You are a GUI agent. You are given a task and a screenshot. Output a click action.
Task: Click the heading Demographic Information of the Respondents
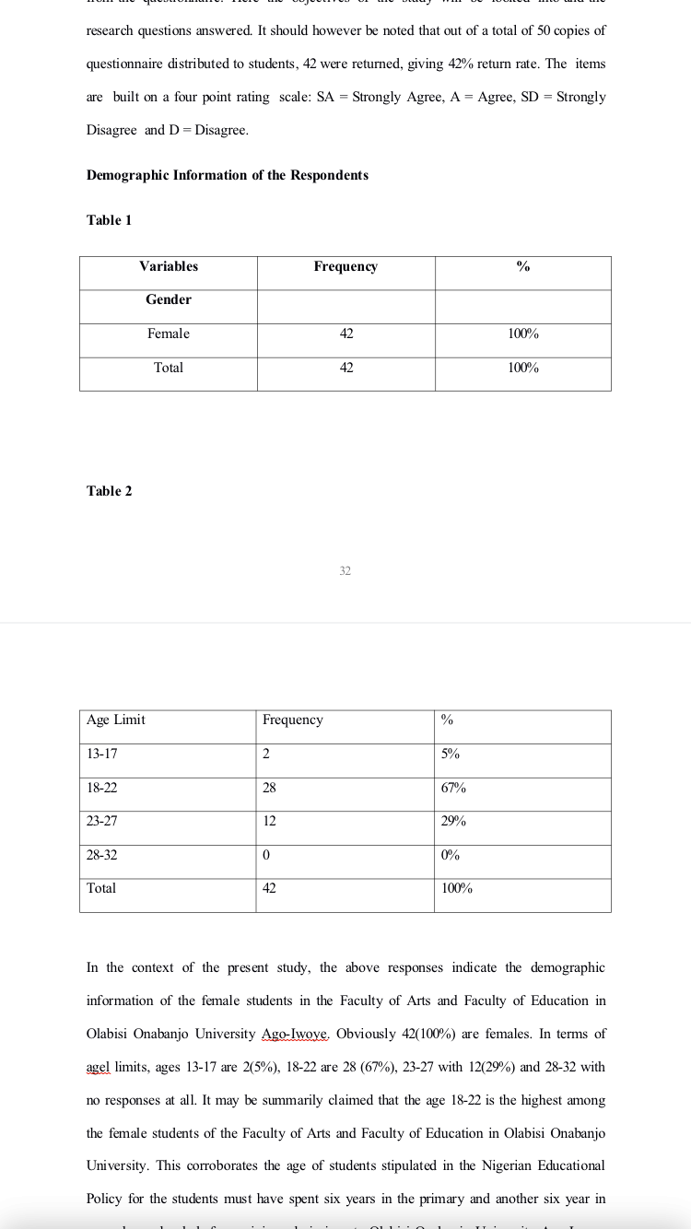coord(227,175)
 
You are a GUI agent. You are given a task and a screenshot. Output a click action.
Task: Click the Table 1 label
coord(109,220)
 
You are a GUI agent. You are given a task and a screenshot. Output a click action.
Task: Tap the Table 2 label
coord(109,491)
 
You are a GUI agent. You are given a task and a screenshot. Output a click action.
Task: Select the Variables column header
coord(169,266)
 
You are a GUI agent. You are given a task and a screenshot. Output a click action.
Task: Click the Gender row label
coord(169,299)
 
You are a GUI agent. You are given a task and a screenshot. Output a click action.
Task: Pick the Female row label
coord(169,334)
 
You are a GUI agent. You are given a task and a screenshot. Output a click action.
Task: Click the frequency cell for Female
coord(346,334)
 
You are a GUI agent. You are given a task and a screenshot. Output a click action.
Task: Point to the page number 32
coord(345,571)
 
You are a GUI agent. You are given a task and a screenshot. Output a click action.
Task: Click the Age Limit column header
coord(116,720)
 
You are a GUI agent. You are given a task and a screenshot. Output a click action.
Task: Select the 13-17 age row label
coord(101,754)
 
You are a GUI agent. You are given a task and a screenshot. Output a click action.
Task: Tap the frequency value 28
coord(269,788)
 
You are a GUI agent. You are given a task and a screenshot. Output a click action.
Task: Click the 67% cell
coord(453,788)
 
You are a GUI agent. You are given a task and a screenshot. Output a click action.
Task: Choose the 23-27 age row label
coord(101,821)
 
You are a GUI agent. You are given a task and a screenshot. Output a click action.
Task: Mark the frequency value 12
coord(269,821)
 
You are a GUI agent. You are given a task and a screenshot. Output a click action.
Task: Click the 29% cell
coord(453,821)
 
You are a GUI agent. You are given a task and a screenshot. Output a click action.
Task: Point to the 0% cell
coord(451,855)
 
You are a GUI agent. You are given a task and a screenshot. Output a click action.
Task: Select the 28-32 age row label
coord(101,855)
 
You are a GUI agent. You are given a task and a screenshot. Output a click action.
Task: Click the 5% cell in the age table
coord(451,754)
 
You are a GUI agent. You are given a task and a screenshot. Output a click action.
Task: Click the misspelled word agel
coord(98,1067)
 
